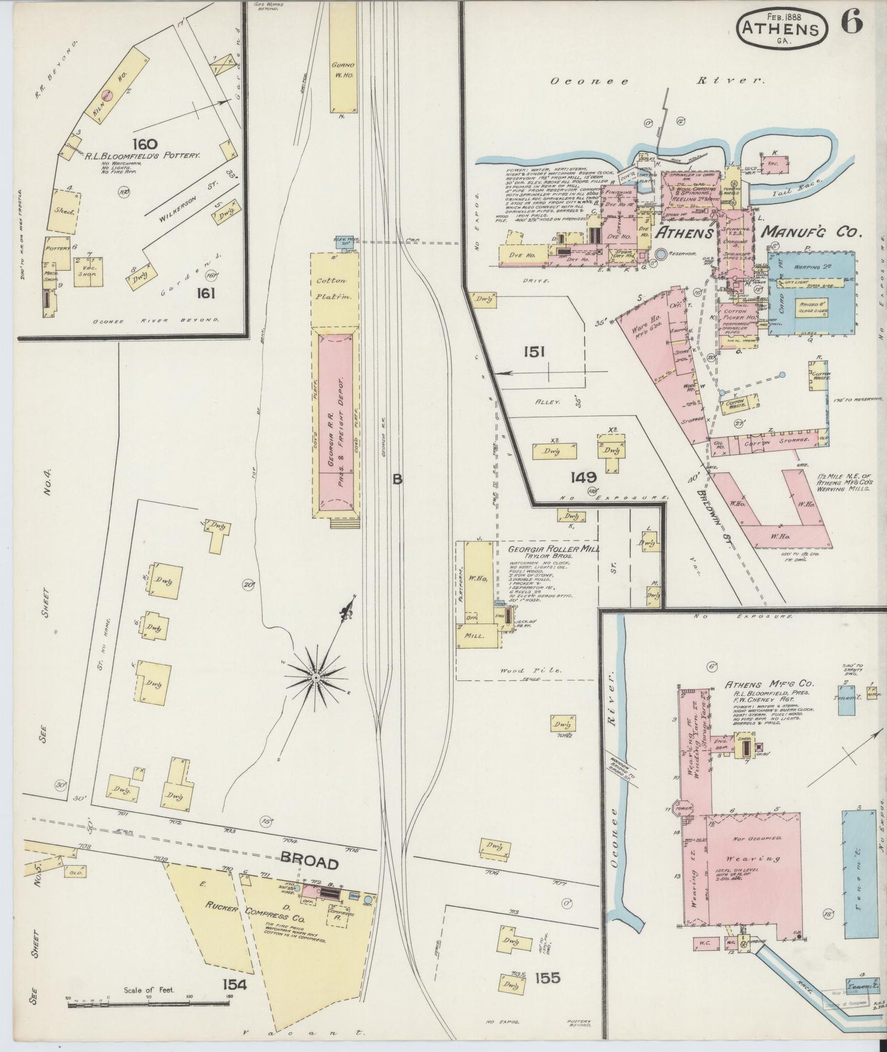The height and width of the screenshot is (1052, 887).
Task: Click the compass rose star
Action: click(x=314, y=677)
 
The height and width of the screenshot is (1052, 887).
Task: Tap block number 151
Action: click(x=534, y=352)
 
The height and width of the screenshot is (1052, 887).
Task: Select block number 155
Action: click(x=547, y=978)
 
